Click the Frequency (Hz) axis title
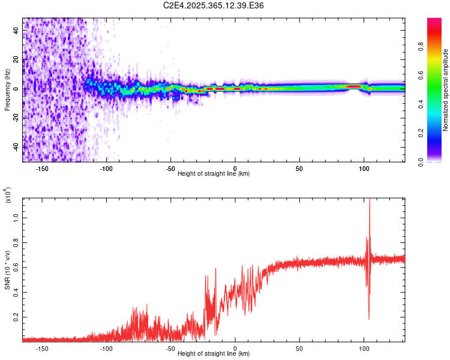pos(7,91)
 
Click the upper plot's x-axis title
pos(214,173)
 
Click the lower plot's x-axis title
pos(214,353)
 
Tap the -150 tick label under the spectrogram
pos(42,168)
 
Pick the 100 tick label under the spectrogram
pos(364,168)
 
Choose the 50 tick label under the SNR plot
pos(299,348)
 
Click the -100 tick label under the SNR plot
pos(106,348)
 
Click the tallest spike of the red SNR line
pos(370,201)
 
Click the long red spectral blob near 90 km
pos(353,86)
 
